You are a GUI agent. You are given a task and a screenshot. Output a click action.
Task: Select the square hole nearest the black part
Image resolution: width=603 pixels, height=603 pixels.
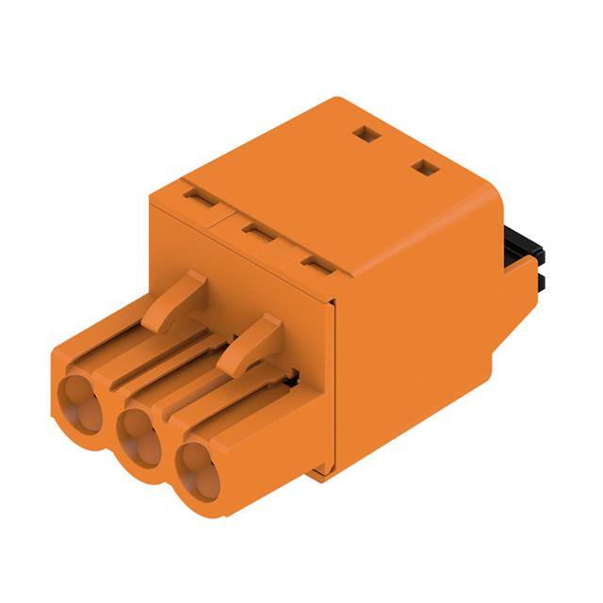pos(426,169)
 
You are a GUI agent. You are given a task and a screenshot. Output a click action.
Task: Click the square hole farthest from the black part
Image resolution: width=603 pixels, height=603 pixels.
pos(366,135)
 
